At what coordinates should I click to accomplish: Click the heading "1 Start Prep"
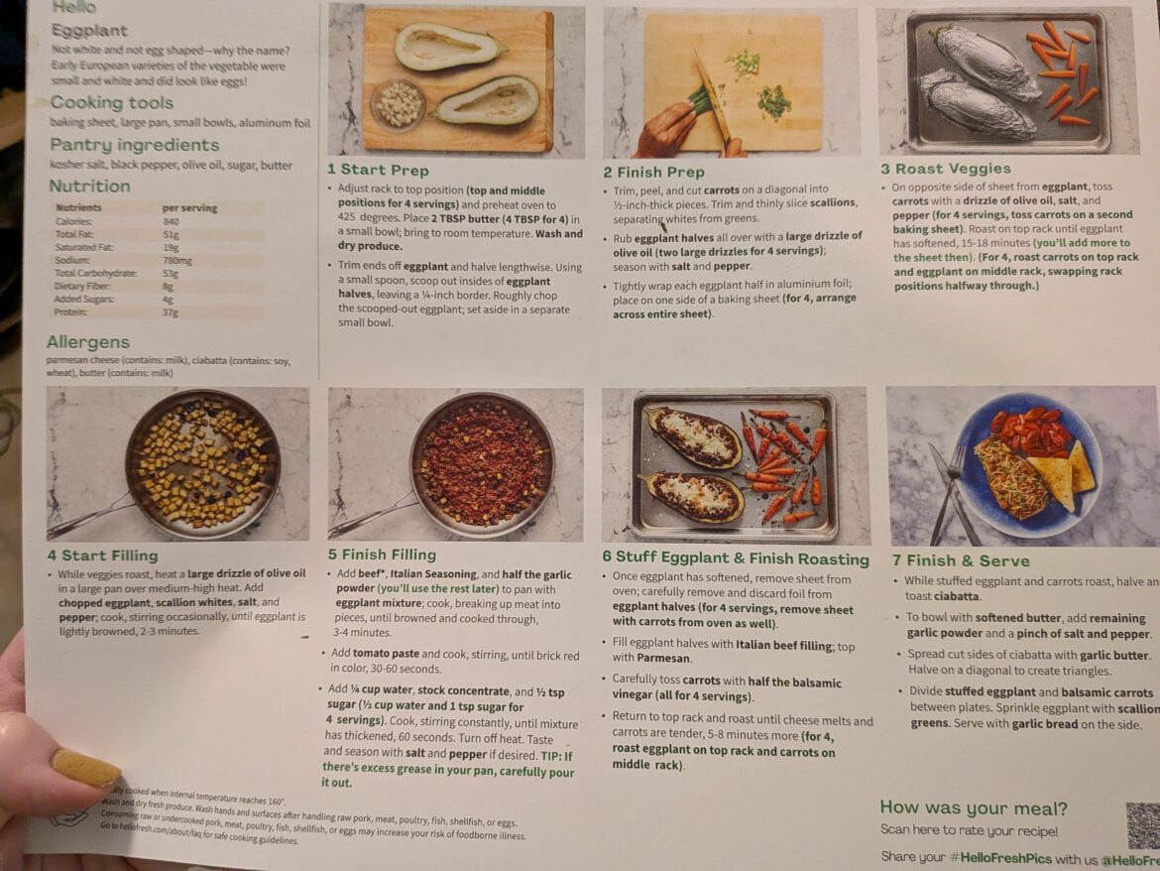tap(378, 170)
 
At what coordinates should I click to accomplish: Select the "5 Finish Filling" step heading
tap(382, 555)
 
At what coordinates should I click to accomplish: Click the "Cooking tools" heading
tap(111, 103)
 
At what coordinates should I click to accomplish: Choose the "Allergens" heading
tap(88, 342)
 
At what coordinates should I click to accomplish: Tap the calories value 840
tap(172, 221)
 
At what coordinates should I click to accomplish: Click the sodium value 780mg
tap(177, 261)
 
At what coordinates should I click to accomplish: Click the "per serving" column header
tap(189, 208)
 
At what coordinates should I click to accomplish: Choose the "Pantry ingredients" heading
tap(120, 145)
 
